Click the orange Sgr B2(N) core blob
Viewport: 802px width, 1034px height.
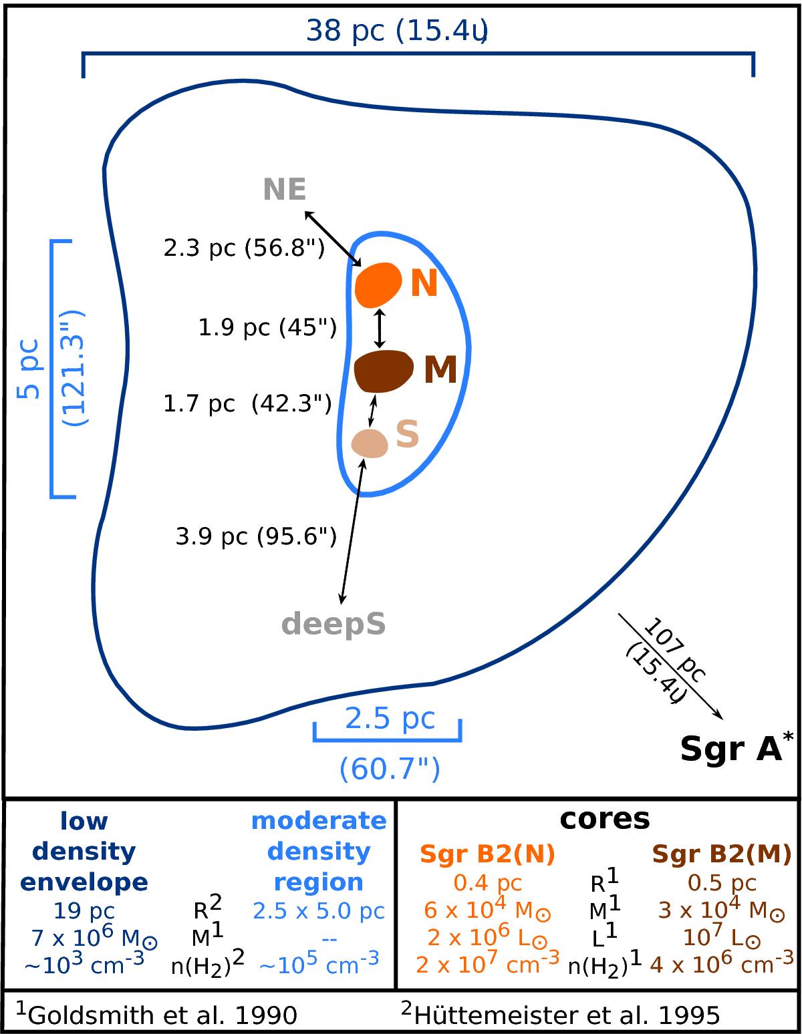(377, 284)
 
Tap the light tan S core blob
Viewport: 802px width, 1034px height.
(370, 443)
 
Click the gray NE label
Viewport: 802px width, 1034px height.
(285, 190)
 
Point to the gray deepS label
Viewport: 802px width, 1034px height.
(333, 624)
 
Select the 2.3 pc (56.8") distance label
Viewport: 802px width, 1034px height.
(244, 248)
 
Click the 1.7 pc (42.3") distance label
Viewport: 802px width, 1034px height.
(247, 403)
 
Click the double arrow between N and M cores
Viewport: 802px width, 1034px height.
(380, 327)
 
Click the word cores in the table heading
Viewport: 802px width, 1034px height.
(604, 818)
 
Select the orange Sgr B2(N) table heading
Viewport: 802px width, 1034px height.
(487, 853)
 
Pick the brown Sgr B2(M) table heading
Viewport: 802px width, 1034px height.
(721, 853)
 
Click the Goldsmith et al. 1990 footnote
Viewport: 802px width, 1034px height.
(156, 1015)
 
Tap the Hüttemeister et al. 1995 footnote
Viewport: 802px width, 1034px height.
(560, 1015)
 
